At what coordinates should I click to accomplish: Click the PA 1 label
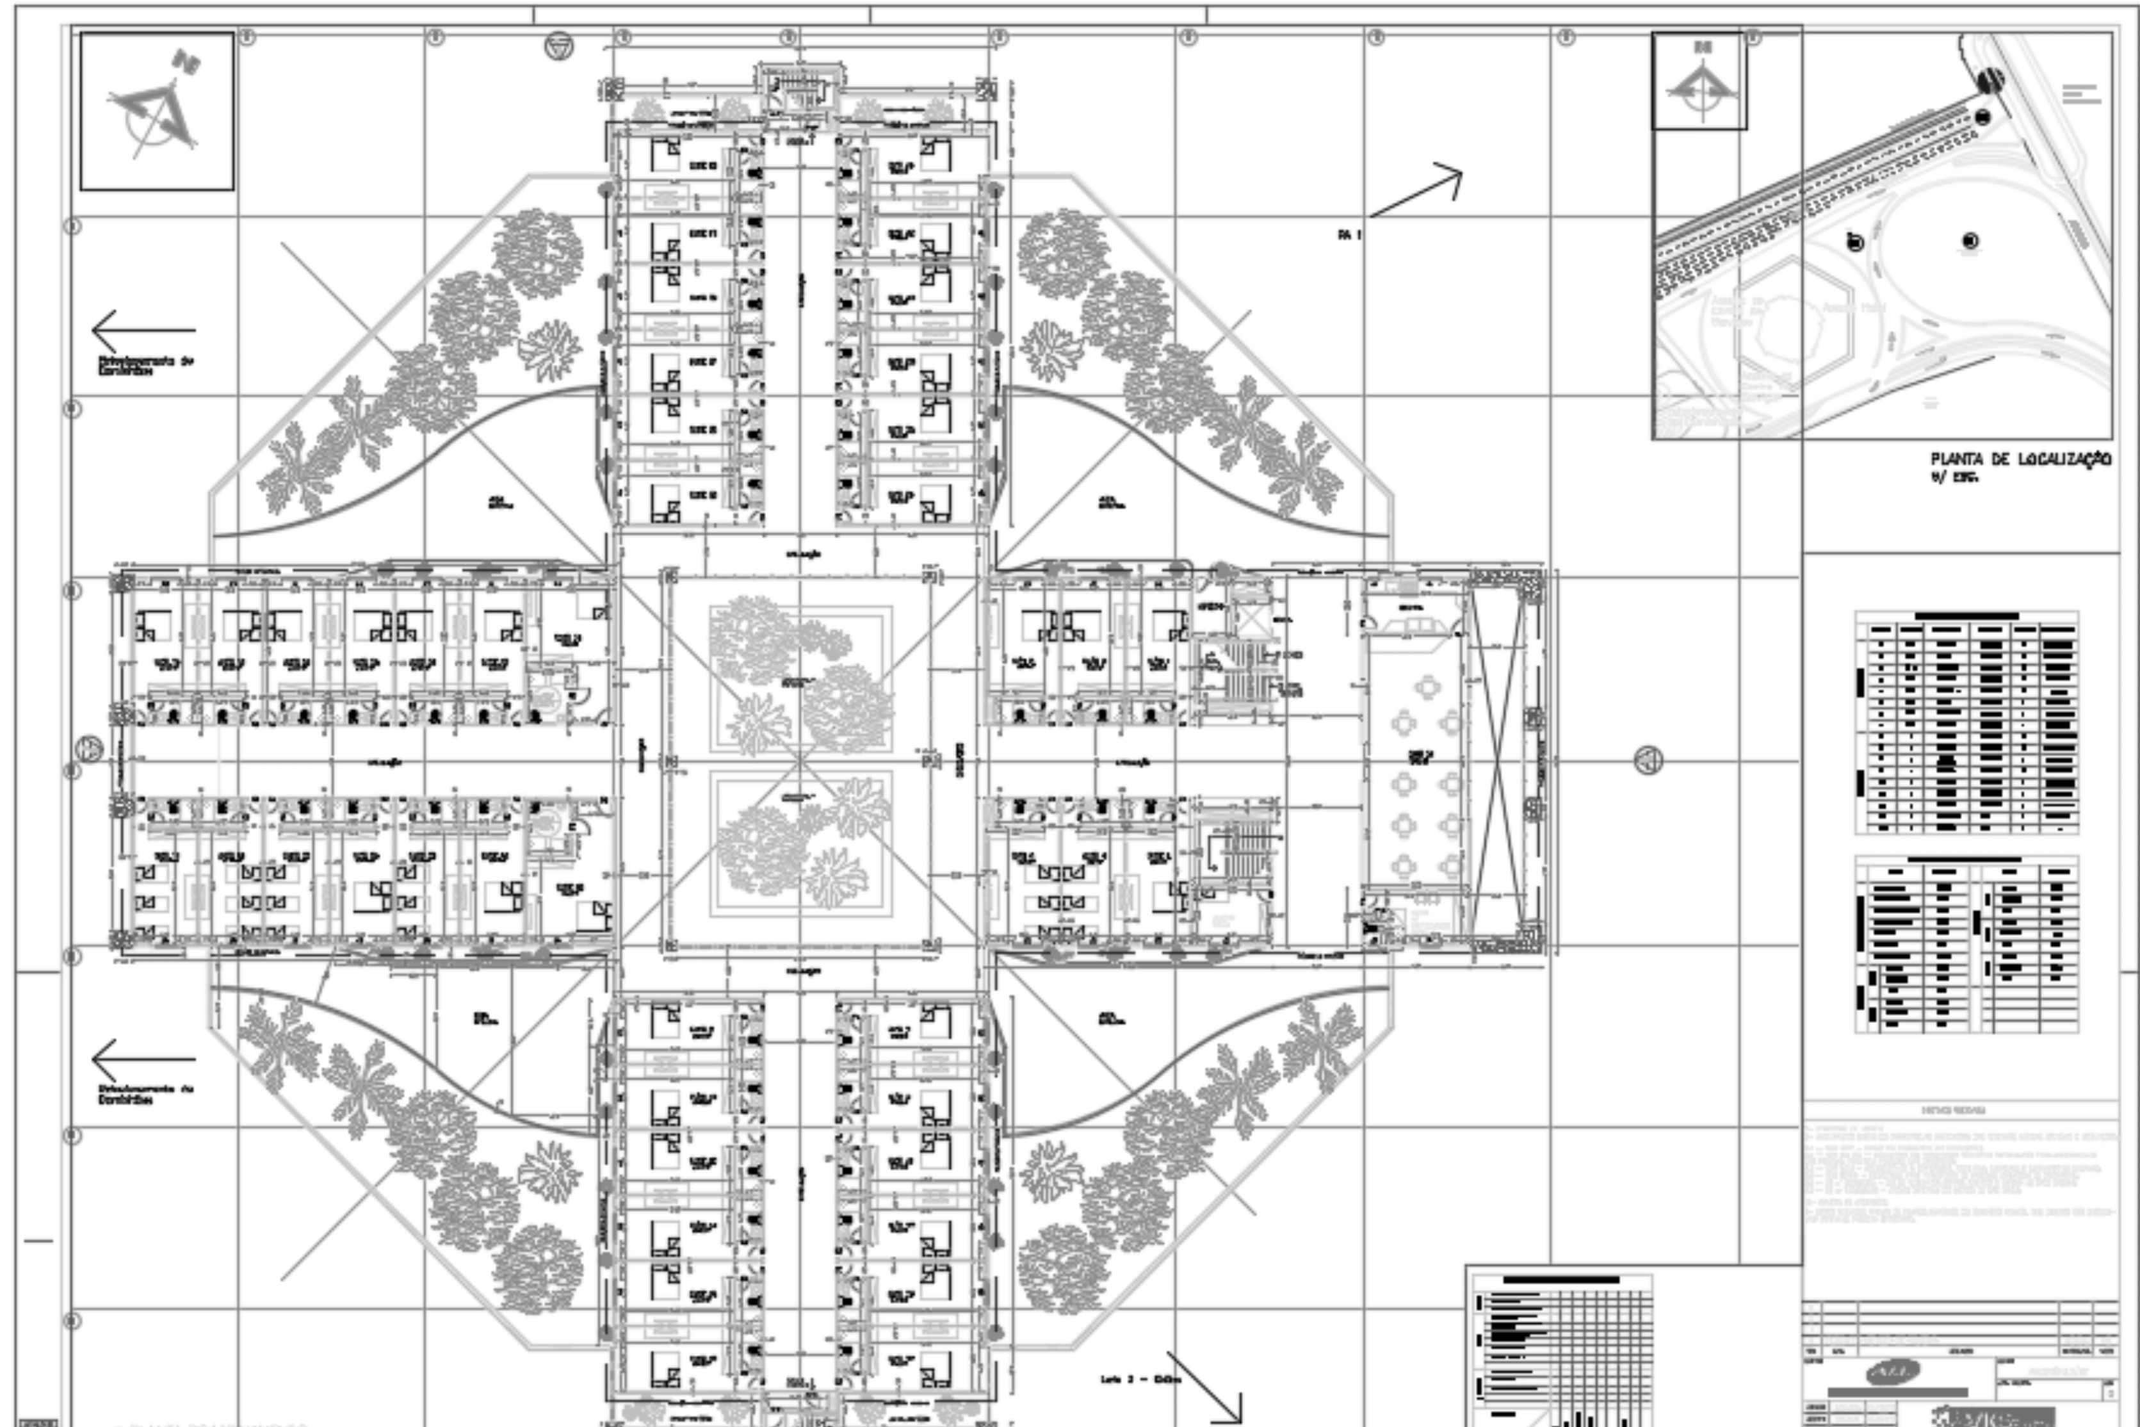click(1349, 235)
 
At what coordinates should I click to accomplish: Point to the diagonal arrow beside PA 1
click(1416, 191)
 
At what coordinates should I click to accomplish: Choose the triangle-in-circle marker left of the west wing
click(88, 749)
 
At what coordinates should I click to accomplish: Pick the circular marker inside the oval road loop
click(1970, 241)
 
